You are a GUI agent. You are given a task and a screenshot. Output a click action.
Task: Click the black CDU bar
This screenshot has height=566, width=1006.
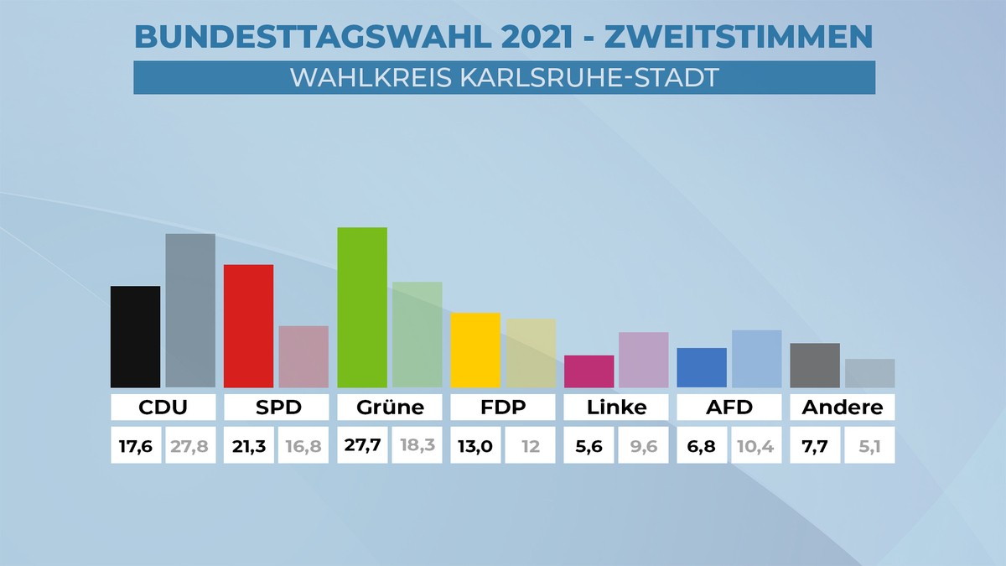pos(135,336)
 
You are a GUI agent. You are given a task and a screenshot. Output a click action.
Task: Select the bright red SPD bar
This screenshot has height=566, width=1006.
pos(248,325)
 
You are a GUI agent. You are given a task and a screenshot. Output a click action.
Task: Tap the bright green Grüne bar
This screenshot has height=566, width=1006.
pos(362,307)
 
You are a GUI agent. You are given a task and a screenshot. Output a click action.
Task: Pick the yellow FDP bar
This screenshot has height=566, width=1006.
pos(475,350)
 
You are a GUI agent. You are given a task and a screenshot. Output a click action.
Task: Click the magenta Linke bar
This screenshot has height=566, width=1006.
pos(589,371)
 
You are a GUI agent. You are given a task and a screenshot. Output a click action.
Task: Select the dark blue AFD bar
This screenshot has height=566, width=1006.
pos(702,367)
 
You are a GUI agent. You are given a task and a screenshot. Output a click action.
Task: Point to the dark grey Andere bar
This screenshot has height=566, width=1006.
pos(815,365)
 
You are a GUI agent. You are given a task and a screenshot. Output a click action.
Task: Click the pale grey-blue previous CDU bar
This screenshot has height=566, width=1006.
pos(190,310)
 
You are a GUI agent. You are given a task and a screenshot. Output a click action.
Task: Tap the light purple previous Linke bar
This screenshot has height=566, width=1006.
pos(644,360)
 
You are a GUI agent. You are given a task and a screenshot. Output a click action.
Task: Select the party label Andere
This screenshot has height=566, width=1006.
pos(842,408)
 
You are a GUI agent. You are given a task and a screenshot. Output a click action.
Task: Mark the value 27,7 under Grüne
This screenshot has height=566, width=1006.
pos(362,445)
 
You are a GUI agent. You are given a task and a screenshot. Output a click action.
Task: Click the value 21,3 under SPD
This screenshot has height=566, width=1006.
pos(248,445)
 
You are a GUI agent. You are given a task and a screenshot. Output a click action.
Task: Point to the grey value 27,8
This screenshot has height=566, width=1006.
pos(190,445)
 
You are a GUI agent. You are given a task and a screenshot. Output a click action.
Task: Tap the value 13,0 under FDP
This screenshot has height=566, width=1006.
pos(475,445)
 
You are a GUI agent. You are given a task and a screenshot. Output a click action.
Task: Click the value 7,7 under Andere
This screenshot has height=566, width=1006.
pos(815,445)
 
